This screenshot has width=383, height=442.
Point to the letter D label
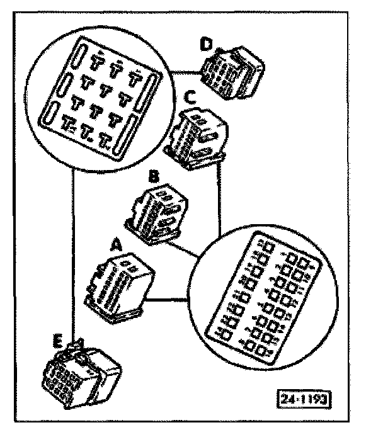(x=205, y=44)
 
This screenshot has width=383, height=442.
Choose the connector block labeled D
(x=231, y=72)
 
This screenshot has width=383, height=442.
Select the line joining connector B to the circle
(x=187, y=250)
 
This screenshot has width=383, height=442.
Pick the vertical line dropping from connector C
(x=219, y=195)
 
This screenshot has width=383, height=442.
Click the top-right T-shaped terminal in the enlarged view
(x=135, y=79)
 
